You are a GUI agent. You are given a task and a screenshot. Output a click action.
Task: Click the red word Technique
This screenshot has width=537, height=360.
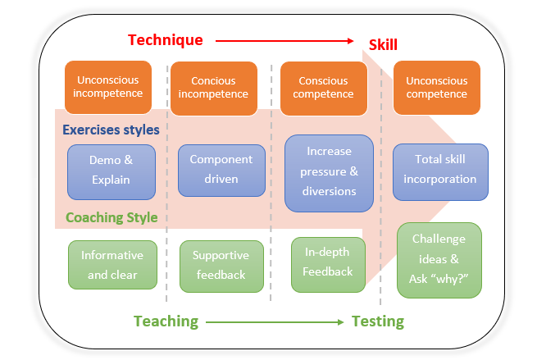[165, 39]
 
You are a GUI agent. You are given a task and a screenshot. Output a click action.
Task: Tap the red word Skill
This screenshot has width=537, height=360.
[383, 44]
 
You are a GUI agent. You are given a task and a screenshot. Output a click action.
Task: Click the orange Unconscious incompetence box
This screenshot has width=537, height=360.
[107, 86]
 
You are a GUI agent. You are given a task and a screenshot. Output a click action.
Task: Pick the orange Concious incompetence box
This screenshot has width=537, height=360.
[219, 87]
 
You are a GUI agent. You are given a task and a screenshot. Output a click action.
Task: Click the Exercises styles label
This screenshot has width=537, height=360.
[111, 130]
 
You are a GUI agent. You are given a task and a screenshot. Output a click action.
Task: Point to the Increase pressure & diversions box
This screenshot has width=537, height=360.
[328, 172]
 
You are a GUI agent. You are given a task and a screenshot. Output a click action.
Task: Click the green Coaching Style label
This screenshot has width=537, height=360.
[111, 218]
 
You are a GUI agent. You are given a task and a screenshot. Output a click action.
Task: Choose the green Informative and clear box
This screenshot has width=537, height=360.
[111, 264]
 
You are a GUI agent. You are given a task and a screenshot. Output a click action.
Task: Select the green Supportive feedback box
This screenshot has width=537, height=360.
[221, 266]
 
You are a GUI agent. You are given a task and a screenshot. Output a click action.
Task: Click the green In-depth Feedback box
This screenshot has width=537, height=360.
[328, 263]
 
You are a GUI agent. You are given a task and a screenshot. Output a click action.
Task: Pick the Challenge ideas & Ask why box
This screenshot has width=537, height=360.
[439, 259]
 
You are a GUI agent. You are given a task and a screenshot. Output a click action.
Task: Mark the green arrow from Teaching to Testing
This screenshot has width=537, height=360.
[275, 322]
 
